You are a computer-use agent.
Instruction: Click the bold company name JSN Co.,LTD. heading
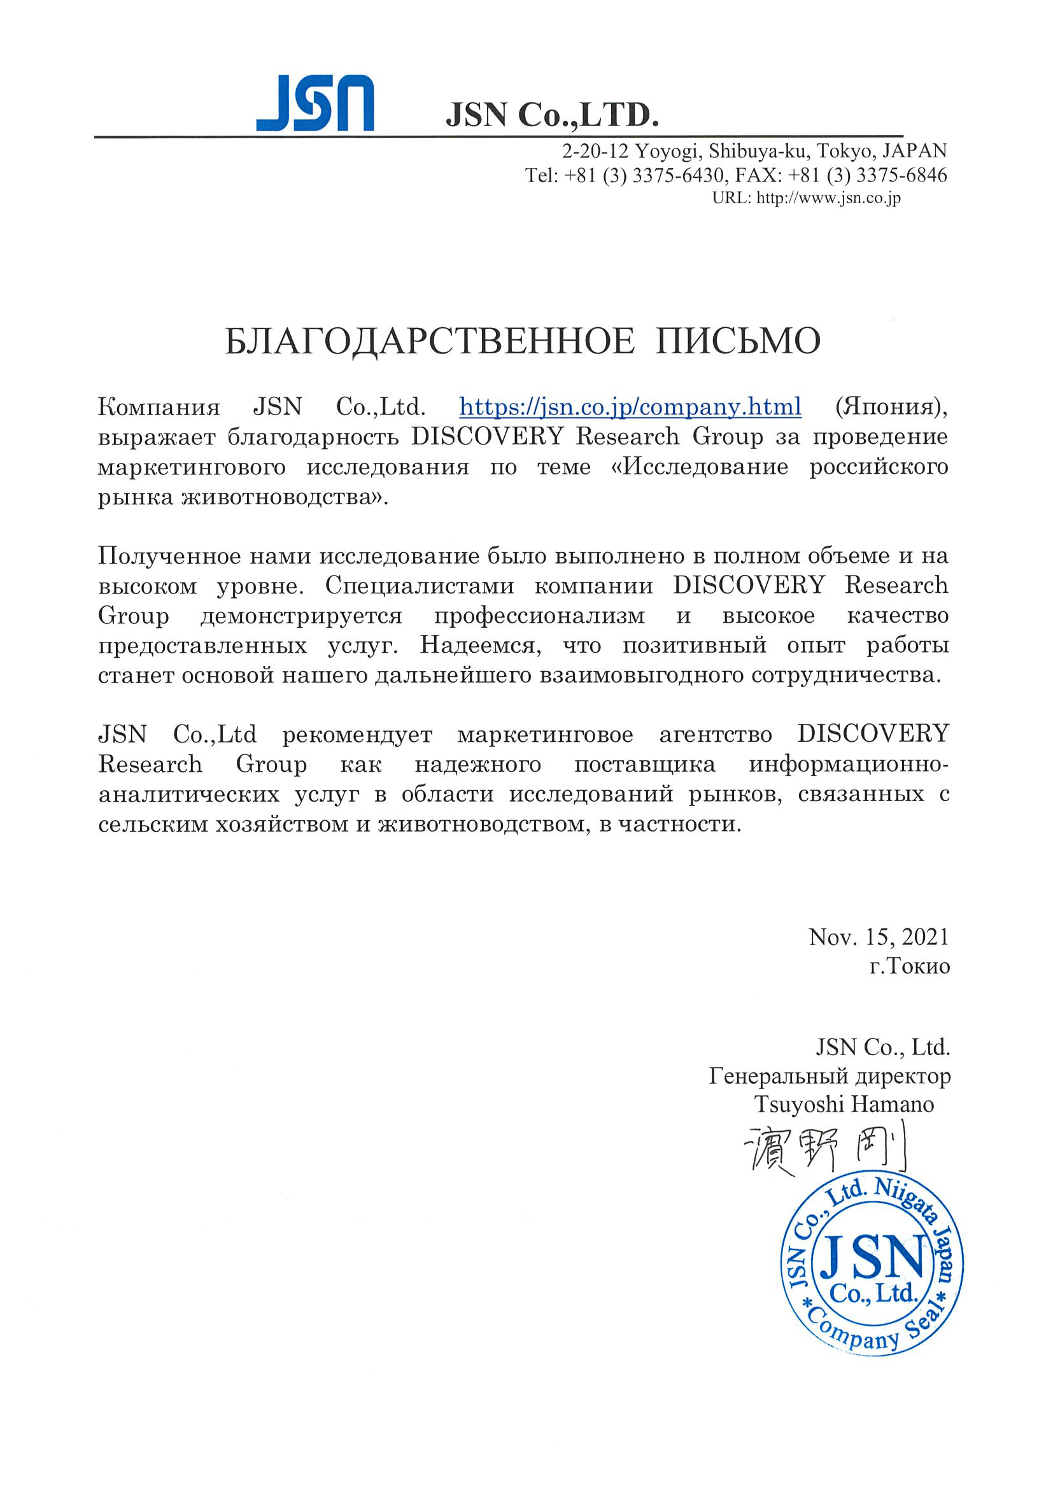tap(551, 115)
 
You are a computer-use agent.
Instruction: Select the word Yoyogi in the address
tap(667, 151)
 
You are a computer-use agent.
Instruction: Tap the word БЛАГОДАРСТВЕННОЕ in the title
tap(430, 341)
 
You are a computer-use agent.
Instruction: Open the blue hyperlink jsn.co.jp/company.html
tap(630, 407)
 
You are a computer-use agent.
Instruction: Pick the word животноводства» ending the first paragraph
tap(284, 497)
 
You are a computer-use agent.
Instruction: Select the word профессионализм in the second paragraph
tap(540, 615)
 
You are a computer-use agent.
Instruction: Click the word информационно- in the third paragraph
tap(849, 765)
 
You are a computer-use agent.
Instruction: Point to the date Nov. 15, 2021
tap(879, 937)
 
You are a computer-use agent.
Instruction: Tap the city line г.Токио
tap(910, 967)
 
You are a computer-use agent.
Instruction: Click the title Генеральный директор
tap(830, 1076)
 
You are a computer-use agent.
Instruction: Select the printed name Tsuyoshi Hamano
tap(844, 1104)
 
